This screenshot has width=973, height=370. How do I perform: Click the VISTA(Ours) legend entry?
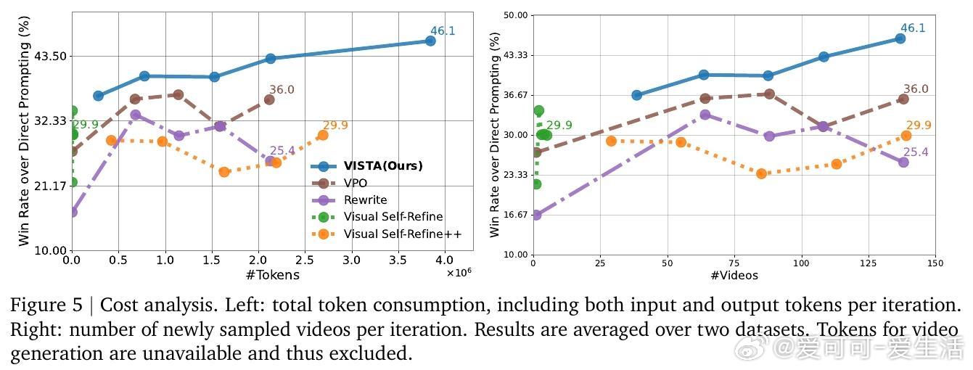click(383, 165)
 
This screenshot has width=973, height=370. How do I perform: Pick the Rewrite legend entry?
click(365, 200)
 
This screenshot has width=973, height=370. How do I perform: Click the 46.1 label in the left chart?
click(443, 30)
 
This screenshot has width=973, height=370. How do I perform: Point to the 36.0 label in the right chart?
click(916, 89)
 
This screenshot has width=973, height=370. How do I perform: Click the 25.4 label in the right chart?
click(915, 152)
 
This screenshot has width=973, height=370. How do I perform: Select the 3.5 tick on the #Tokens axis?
click(399, 259)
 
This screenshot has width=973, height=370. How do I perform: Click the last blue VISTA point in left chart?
click(430, 41)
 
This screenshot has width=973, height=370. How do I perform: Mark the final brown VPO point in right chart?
click(903, 99)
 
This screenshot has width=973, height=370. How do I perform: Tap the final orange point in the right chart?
click(906, 136)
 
